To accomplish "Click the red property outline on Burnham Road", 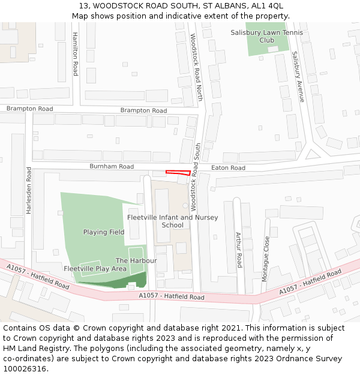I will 178,173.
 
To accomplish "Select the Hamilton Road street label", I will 76,54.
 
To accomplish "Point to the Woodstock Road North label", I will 197,67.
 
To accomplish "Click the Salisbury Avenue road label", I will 298,76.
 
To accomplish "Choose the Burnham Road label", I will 112,166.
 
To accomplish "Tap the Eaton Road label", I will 229,168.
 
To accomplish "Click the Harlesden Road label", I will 28,190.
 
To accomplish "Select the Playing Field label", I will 104,232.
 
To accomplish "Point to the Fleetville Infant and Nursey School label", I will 173,221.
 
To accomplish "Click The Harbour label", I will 136,260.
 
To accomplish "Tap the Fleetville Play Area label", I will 95,269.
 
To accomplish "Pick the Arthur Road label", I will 239,250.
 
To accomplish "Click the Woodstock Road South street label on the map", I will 195,185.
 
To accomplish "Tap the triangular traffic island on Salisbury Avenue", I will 311,154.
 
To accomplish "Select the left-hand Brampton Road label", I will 30,109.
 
